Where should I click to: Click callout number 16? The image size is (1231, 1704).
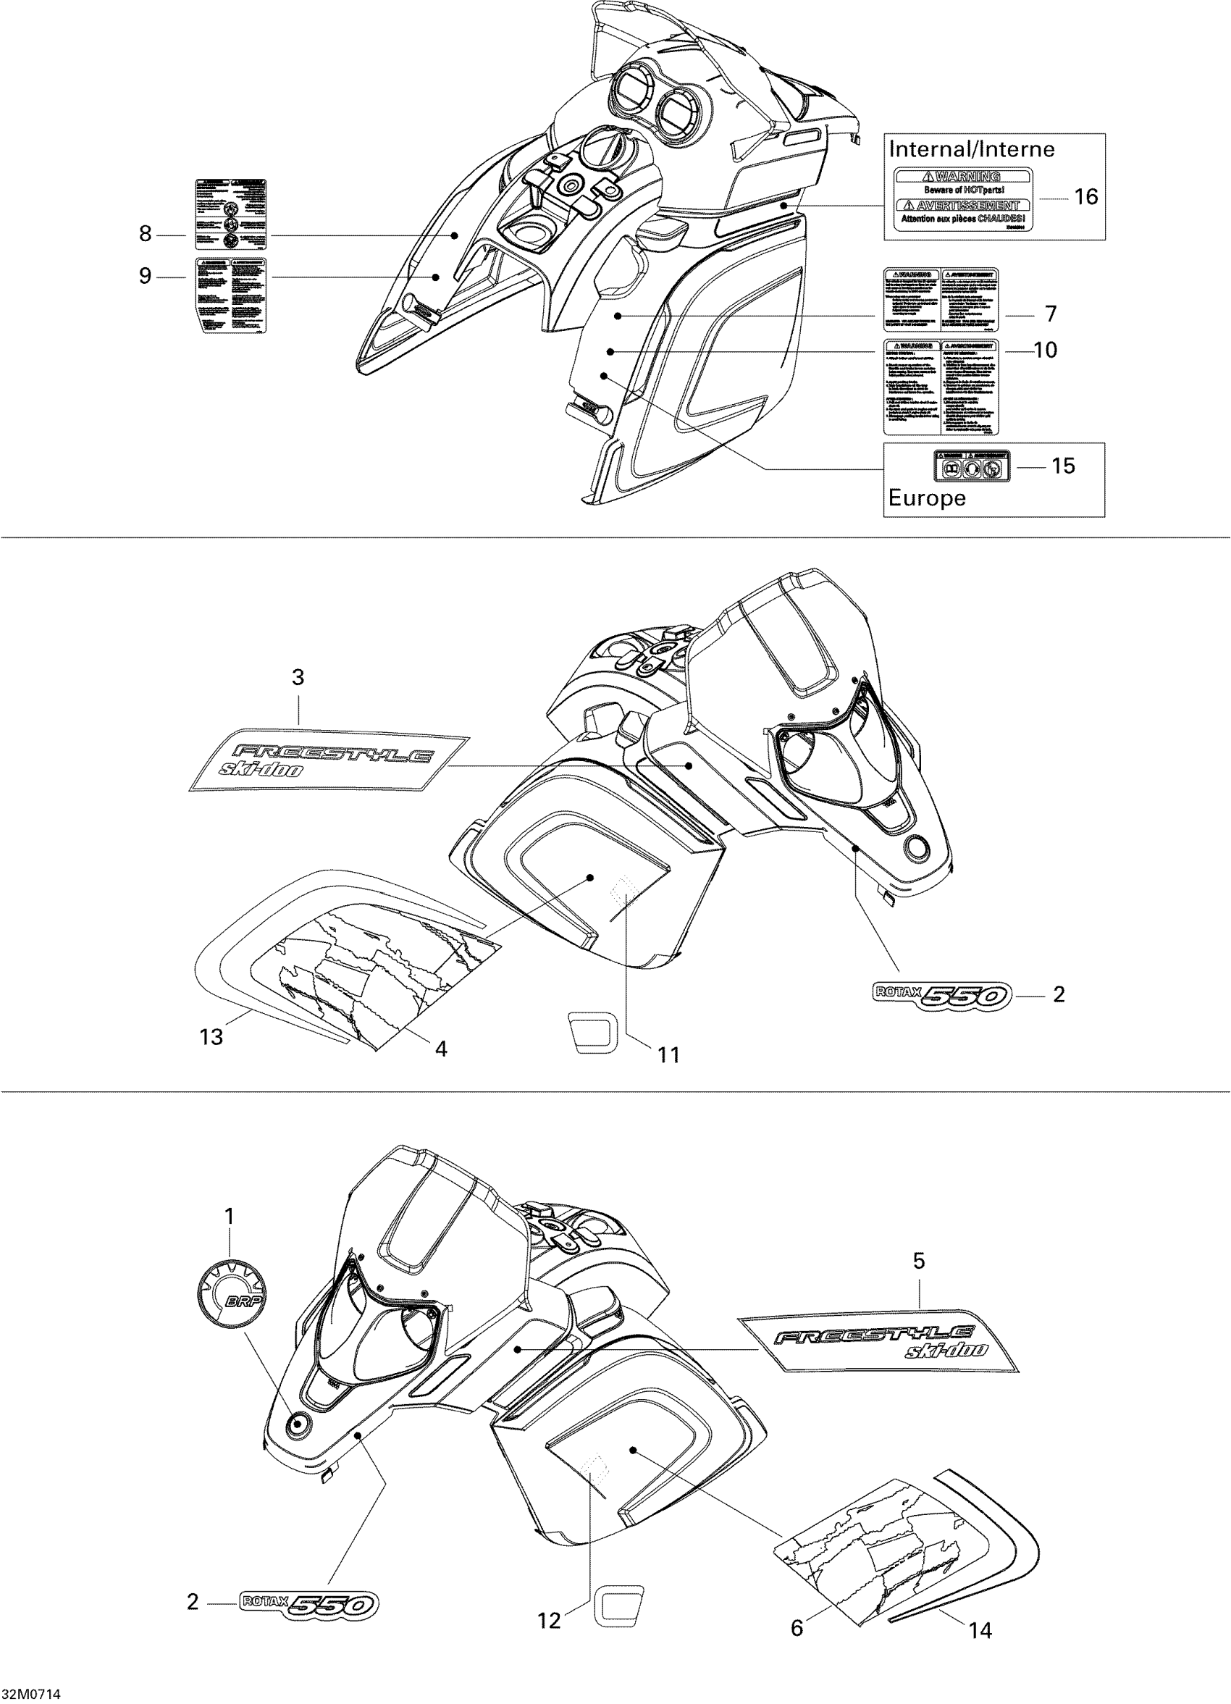coord(1086,197)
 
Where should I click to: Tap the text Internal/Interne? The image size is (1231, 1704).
coord(972,148)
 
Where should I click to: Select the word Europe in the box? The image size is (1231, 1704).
coord(927,498)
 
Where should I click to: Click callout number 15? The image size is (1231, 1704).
coord(1063,466)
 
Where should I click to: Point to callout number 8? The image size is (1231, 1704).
coord(145,235)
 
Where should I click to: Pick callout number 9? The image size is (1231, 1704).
coord(145,277)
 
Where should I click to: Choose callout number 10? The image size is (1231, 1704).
coord(1046,350)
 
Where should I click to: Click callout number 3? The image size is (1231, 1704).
coord(298,678)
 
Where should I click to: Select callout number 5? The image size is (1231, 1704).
coord(920,1262)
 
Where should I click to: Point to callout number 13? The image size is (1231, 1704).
coord(211,1037)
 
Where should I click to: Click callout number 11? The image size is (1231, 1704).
coord(668,1055)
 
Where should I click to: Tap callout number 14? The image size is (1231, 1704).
coord(981,1561)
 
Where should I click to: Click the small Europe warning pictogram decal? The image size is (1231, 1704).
coord(971,466)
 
